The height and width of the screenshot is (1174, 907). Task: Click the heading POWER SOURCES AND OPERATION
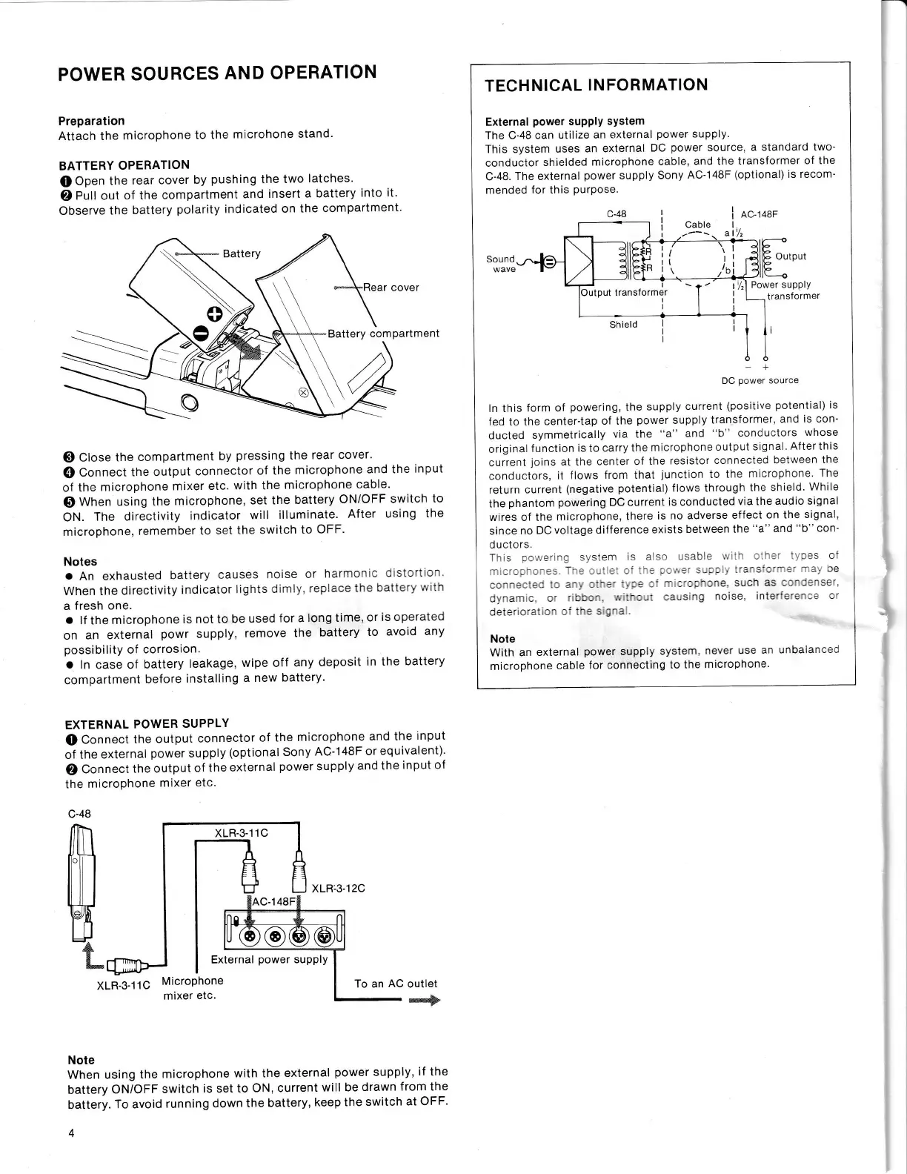pos(217,73)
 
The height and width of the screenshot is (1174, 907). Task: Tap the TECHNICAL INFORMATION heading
pos(596,85)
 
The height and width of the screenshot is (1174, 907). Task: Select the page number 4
pos(71,1133)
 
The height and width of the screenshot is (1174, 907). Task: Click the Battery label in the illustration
pos(242,253)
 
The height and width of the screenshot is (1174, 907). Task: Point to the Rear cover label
pos(391,288)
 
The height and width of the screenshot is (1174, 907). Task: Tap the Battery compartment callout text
pos(383,334)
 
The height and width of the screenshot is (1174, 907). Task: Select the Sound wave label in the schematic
pos(501,264)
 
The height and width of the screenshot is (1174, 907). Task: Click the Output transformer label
pos(624,292)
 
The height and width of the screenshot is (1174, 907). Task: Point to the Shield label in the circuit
pos(623,325)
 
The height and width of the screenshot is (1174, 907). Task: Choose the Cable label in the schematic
pos(697,225)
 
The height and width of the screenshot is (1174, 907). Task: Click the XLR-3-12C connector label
pos(339,888)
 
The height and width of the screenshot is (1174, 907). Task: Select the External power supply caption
pos(269,959)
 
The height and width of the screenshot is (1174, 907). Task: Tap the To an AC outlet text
pos(396,984)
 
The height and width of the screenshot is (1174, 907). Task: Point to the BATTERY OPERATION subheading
pos(124,165)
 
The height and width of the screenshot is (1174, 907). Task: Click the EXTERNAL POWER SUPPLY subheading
pos(147,723)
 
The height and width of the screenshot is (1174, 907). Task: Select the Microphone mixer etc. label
pos(192,988)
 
